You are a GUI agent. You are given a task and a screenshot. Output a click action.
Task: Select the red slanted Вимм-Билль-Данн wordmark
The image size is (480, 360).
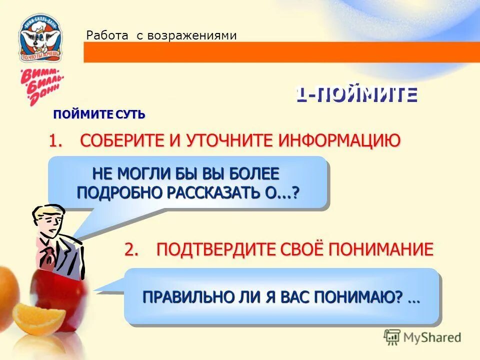(40, 85)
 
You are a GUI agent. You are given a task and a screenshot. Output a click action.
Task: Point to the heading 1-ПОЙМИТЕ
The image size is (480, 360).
(355, 94)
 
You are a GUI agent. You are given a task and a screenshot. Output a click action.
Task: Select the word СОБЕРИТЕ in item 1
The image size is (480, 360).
(122, 141)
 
